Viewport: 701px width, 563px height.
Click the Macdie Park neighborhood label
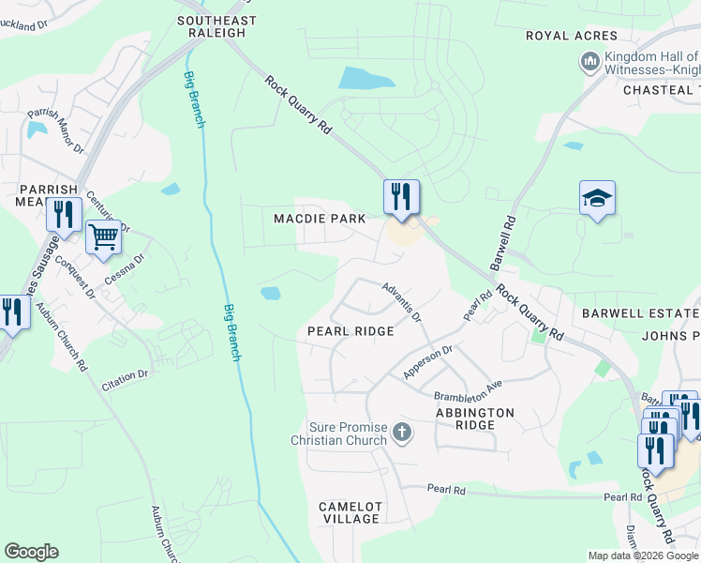[319, 219]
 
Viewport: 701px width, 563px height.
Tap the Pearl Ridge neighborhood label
[350, 331]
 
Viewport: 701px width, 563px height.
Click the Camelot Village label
[350, 512]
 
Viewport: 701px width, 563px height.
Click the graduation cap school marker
[597, 198]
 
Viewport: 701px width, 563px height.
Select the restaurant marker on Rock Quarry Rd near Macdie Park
[401, 197]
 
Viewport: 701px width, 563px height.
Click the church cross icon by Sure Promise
[402, 433]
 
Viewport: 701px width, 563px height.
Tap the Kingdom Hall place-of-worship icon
[589, 62]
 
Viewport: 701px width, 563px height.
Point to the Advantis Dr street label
[402, 299]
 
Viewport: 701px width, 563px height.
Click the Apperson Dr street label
[427, 362]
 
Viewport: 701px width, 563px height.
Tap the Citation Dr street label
[125, 377]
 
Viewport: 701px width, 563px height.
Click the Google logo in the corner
[31, 552]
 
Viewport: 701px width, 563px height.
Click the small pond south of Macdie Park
[270, 293]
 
